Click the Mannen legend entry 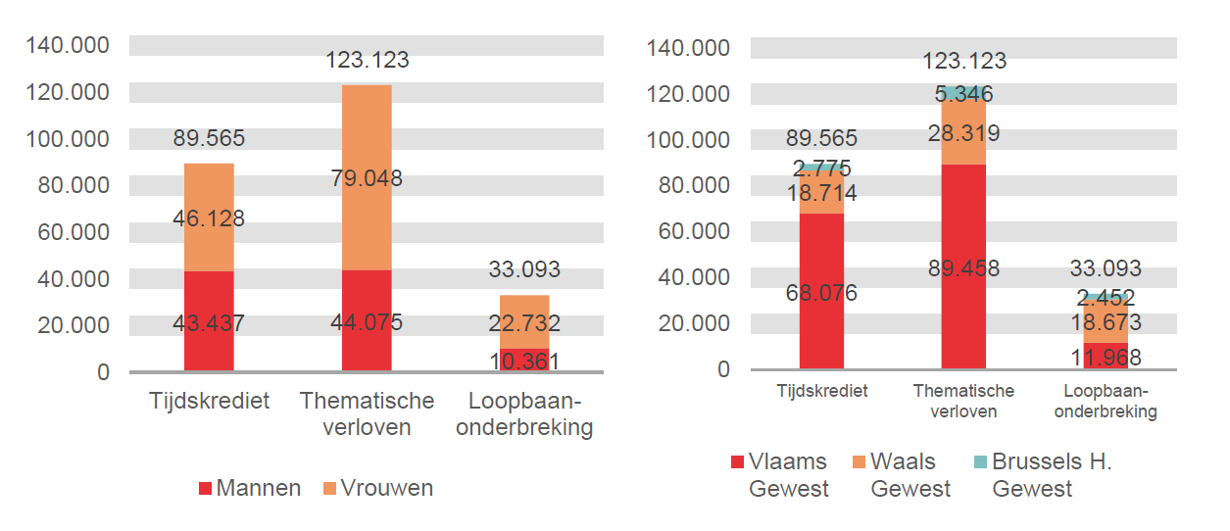pyautogui.click(x=250, y=488)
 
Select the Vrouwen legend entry pyautogui.click(x=376, y=488)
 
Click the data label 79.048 pyautogui.click(x=366, y=178)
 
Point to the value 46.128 pyautogui.click(x=208, y=218)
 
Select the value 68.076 pyautogui.click(x=821, y=292)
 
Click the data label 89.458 pyautogui.click(x=963, y=267)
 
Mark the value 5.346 pyautogui.click(x=963, y=94)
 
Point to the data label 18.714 pyautogui.click(x=821, y=194)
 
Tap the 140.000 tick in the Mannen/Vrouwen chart pyautogui.click(x=69, y=45)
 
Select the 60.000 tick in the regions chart pyautogui.click(x=689, y=231)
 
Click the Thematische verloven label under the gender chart pyautogui.click(x=367, y=413)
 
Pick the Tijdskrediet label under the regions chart pyautogui.click(x=821, y=390)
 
